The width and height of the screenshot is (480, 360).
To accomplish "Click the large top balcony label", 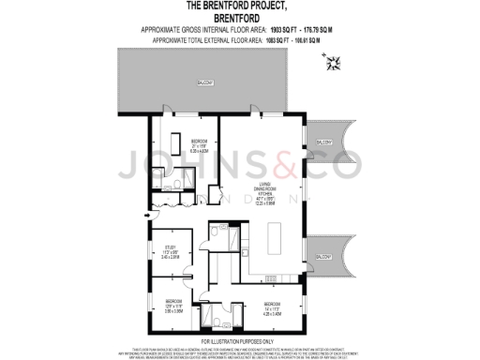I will (x=205, y=84).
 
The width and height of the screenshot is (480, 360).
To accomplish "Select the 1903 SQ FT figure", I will (x=257, y=30).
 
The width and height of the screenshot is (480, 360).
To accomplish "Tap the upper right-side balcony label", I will (x=322, y=142).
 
